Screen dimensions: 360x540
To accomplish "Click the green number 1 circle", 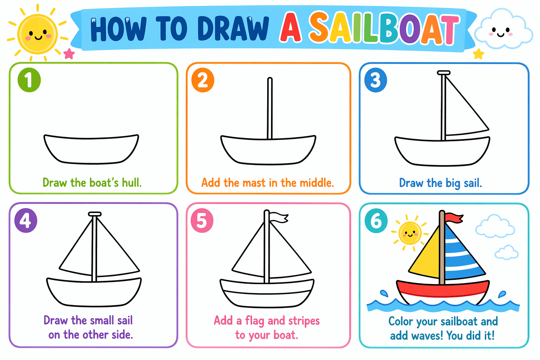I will pos(29,80).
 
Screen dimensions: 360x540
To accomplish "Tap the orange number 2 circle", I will pos(203,80).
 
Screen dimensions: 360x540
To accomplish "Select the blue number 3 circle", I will pos(375,80).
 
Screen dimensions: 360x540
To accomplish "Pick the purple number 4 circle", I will pos(26,220).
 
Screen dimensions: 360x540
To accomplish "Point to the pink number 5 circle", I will pos(202,220).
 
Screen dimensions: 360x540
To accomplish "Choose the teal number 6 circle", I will pos(376,221).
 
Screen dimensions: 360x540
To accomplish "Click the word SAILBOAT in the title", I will pos(384,28).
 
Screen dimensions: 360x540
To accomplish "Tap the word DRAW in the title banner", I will pos(233,29).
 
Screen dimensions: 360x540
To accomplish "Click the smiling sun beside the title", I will pos(37,33).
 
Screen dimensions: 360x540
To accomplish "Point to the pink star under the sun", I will pos(69,54).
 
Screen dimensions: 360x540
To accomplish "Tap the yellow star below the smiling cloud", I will pos(478,54).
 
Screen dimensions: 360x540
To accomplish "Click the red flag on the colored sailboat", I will pos(454,218).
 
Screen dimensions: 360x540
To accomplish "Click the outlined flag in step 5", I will pos(279,217).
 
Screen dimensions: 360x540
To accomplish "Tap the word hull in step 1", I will pos(131,183).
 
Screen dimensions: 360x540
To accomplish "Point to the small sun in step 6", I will pos(410,233).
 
